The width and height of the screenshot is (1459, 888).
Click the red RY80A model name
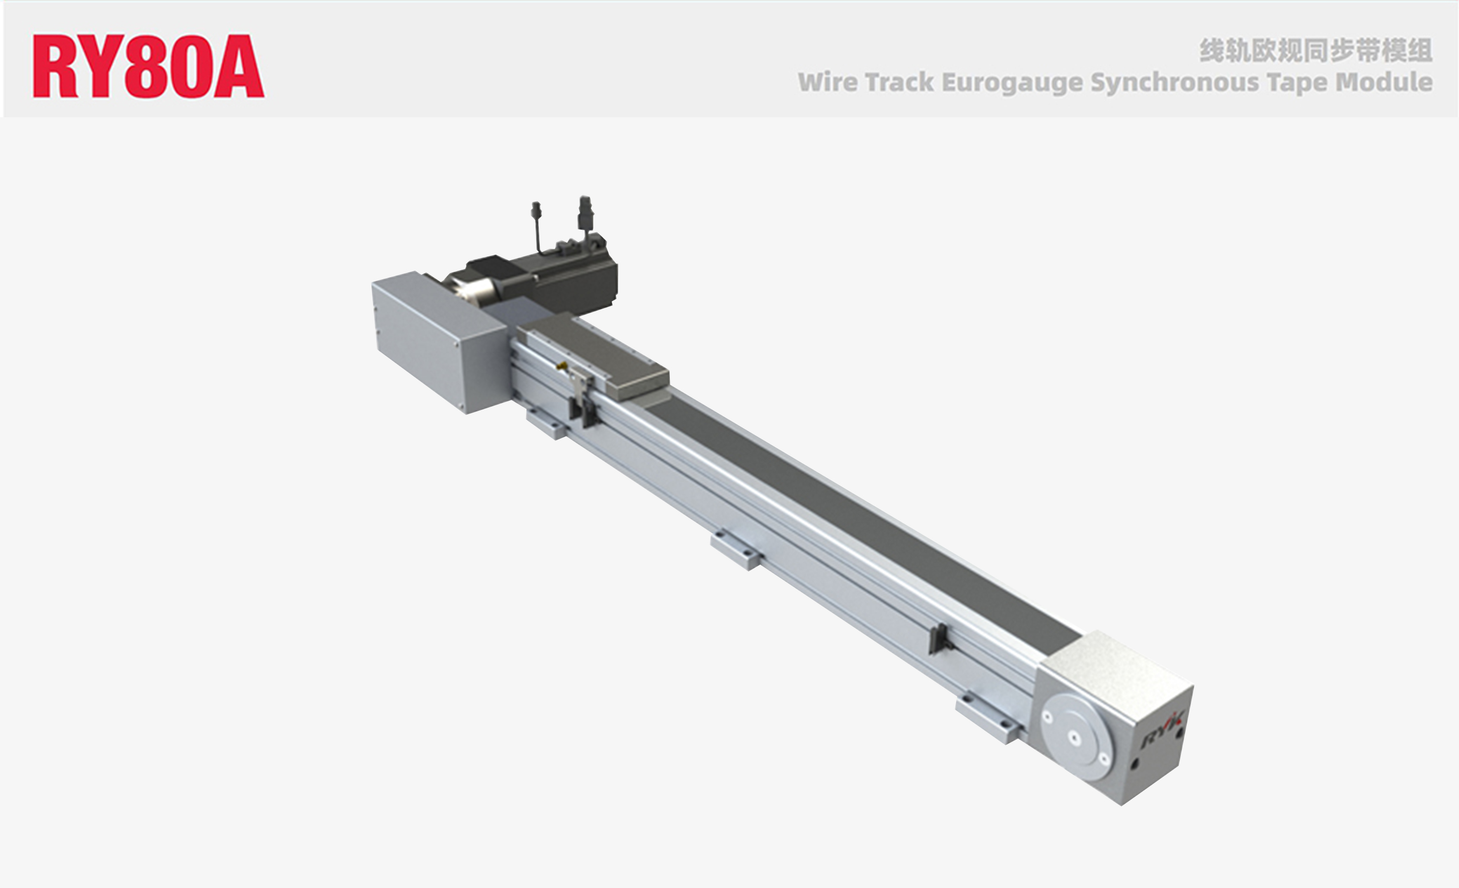(148, 66)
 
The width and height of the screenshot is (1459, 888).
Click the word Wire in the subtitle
(826, 82)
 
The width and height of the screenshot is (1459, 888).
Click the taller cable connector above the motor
(585, 213)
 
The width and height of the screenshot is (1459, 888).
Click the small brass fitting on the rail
(563, 366)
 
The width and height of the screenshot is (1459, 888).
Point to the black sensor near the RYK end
(938, 639)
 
